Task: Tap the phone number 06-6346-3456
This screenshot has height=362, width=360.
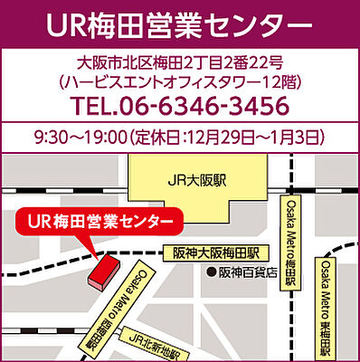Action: pyautogui.click(x=204, y=107)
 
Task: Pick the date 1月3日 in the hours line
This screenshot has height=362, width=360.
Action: pyautogui.click(x=300, y=138)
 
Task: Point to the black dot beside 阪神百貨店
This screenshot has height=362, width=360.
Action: pyautogui.click(x=211, y=271)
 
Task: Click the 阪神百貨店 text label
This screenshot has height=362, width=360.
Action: pyautogui.click(x=248, y=271)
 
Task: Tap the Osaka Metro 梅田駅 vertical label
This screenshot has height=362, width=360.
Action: pyautogui.click(x=291, y=239)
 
